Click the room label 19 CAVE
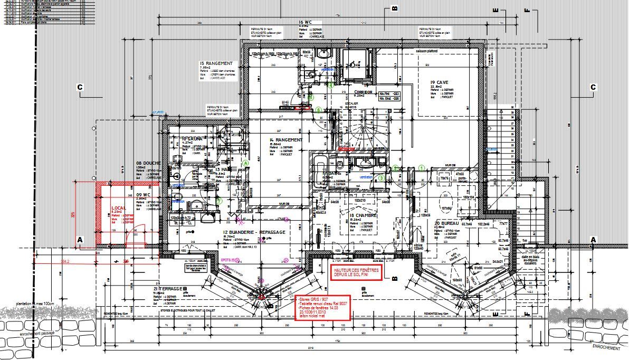439,83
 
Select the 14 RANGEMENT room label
285,140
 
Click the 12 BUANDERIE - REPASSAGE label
254,232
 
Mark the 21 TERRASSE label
168,289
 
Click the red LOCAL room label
119,209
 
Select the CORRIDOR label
356,92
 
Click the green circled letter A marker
245,164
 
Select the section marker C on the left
80,87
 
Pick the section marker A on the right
593,240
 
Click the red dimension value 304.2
64,261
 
